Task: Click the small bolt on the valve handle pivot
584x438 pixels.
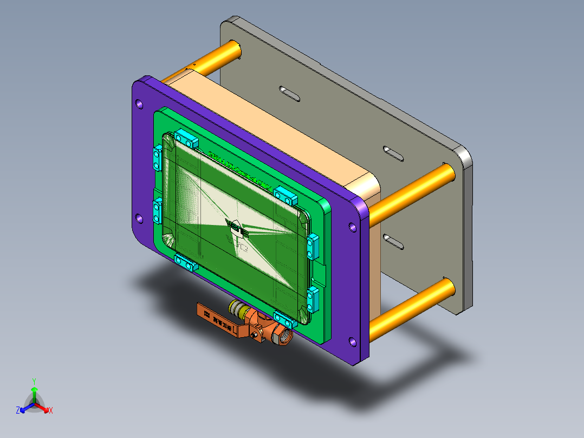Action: coord(255,338)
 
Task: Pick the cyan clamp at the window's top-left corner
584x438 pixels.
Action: coord(185,139)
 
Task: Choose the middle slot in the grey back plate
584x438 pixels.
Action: coord(393,153)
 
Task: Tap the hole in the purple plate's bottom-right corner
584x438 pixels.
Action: coord(353,342)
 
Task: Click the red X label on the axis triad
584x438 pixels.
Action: coord(51,410)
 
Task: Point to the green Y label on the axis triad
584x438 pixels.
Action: coord(34,381)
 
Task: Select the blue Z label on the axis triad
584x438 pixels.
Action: coord(18,410)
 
